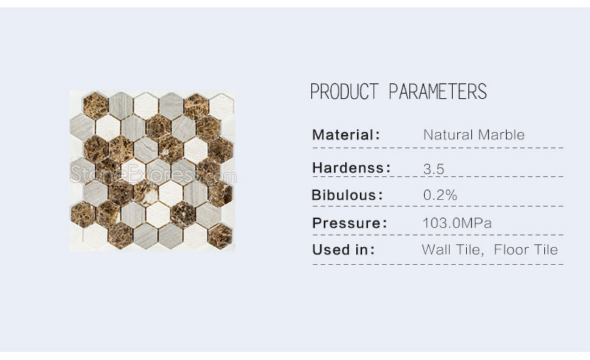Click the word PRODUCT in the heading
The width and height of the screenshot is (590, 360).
pyautogui.click(x=344, y=91)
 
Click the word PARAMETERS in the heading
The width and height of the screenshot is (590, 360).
pyautogui.click(x=437, y=91)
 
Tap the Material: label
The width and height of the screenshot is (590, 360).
pyautogui.click(x=346, y=135)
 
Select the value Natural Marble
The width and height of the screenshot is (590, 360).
pyautogui.click(x=473, y=135)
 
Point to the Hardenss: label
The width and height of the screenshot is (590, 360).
pyautogui.click(x=352, y=168)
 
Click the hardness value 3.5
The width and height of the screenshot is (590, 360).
pyautogui.click(x=434, y=169)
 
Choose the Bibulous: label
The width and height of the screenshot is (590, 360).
pyautogui.click(x=347, y=195)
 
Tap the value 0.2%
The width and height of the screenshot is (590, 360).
pyautogui.click(x=440, y=195)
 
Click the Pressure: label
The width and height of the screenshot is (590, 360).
pyautogui.click(x=350, y=223)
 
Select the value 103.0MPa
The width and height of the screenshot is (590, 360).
pyautogui.click(x=457, y=223)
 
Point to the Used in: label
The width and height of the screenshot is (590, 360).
pyautogui.click(x=344, y=249)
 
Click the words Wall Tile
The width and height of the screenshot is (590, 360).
pyautogui.click(x=452, y=249)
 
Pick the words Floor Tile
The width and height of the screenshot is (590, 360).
pyautogui.click(x=526, y=249)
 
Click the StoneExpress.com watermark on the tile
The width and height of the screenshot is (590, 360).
pyautogui.click(x=153, y=175)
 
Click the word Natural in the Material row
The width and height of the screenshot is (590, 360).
pyautogui.click(x=448, y=135)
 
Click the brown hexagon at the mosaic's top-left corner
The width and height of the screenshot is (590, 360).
pyautogui.click(x=96, y=104)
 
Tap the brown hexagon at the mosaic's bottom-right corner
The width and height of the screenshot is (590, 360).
pyautogui.click(x=220, y=236)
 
